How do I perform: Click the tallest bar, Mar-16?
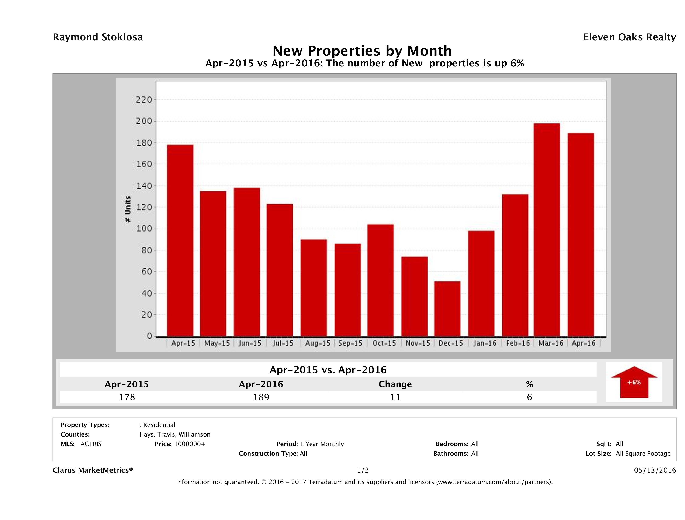(547, 230)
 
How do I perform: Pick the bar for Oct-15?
(381, 280)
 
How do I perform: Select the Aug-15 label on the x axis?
(317, 343)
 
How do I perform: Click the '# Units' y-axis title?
(128, 209)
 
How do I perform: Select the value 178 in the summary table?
(127, 397)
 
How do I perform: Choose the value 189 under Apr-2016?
(261, 397)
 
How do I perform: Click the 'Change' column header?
(395, 384)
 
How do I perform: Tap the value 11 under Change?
(395, 397)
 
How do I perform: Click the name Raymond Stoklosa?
(98, 37)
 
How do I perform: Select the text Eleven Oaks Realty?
(629, 37)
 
